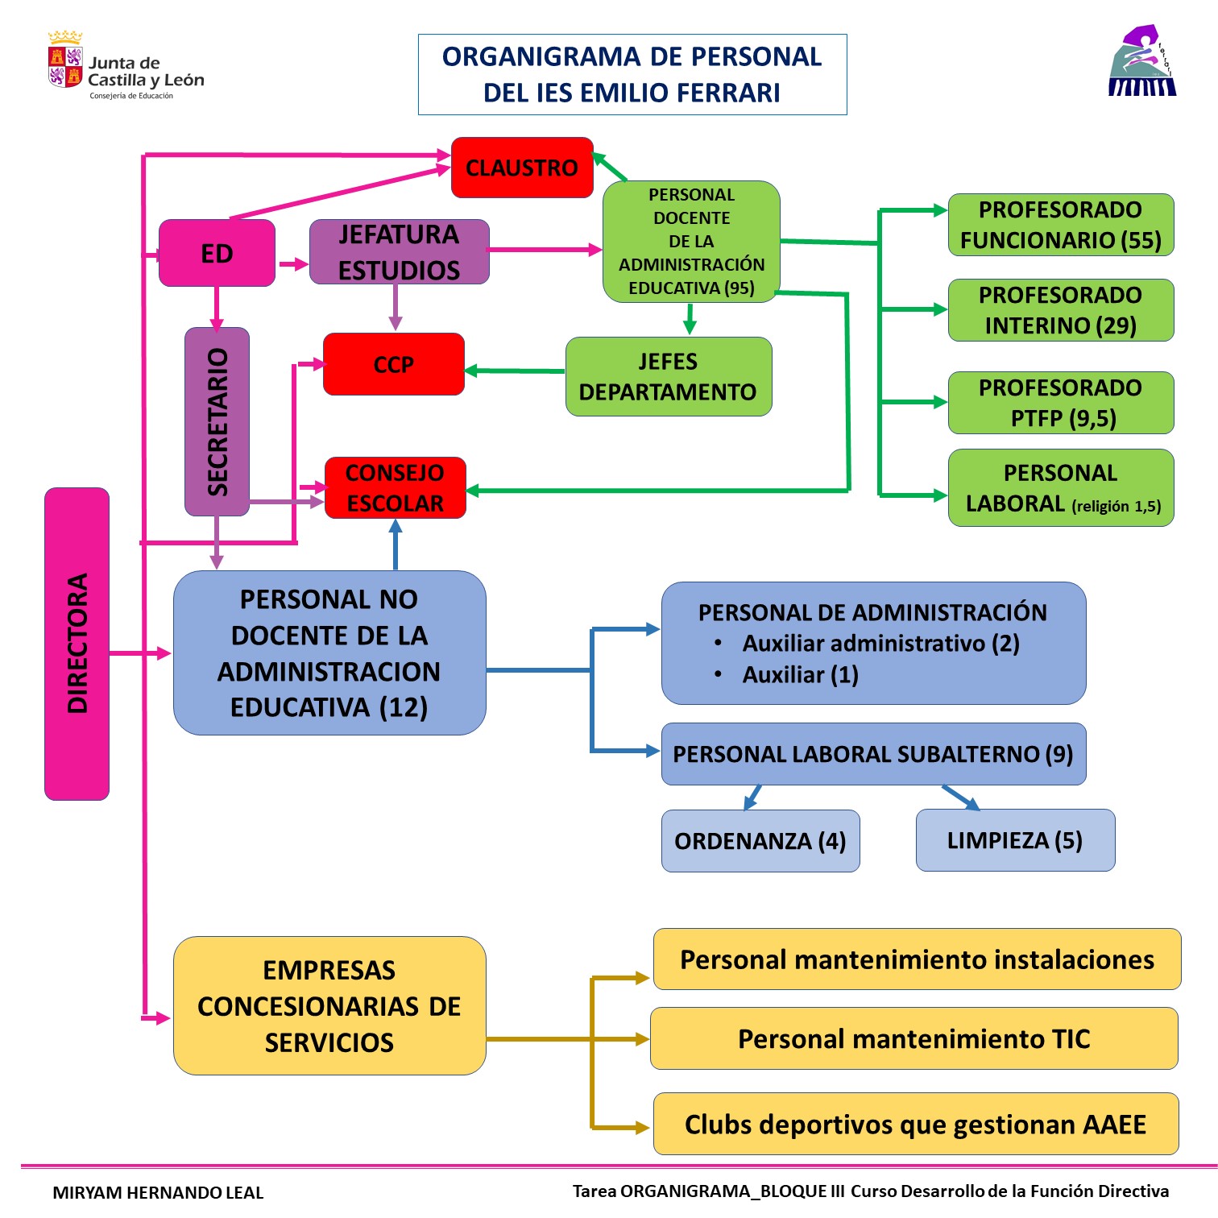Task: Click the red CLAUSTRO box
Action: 522,168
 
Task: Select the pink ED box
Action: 217,253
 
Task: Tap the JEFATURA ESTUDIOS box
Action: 399,252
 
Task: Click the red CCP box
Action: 393,364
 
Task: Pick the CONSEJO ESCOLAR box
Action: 395,487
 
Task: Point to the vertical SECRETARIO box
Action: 217,421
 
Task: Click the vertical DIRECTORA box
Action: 77,644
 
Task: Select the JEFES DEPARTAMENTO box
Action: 668,376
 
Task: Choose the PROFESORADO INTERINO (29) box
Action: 1060,310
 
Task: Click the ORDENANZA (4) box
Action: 760,841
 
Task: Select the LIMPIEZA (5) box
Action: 1015,840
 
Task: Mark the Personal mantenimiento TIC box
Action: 913,1038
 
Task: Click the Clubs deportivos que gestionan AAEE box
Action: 915,1124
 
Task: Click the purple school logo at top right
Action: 1141,62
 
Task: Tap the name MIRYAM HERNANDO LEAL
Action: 158,1192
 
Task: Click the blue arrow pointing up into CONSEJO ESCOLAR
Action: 395,545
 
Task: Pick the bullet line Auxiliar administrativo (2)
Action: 880,644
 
